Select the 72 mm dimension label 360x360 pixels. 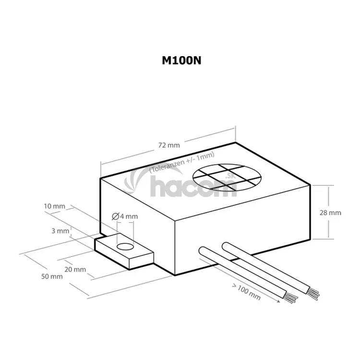click(x=168, y=144)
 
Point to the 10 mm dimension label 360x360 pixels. click(x=54, y=206)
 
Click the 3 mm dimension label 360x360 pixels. click(x=60, y=230)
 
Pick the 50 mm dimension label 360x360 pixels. click(x=52, y=276)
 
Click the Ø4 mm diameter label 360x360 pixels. click(x=124, y=216)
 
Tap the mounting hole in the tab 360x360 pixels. click(x=124, y=246)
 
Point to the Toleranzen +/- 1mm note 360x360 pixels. click(x=181, y=161)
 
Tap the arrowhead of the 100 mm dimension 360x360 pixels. click(x=279, y=301)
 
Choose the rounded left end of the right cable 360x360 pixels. click(x=225, y=246)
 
